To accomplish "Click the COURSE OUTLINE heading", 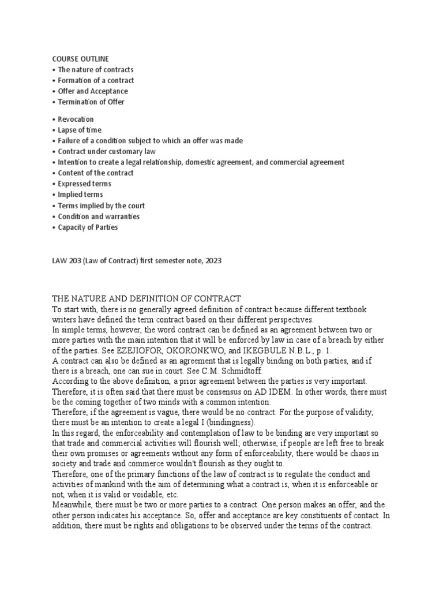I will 80,59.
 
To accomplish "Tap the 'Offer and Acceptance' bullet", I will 93,91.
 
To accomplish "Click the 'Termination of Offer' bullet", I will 91,102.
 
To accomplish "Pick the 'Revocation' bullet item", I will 76,119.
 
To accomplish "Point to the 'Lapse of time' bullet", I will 80,130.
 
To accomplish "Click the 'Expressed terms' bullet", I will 84,184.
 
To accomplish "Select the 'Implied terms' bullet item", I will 81,194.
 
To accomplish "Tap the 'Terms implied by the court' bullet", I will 102,205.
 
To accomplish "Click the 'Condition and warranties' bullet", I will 99,216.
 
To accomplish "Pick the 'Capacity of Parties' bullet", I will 88,227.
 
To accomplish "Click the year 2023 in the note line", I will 212,261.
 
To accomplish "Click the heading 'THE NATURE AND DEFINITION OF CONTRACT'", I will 147,298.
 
